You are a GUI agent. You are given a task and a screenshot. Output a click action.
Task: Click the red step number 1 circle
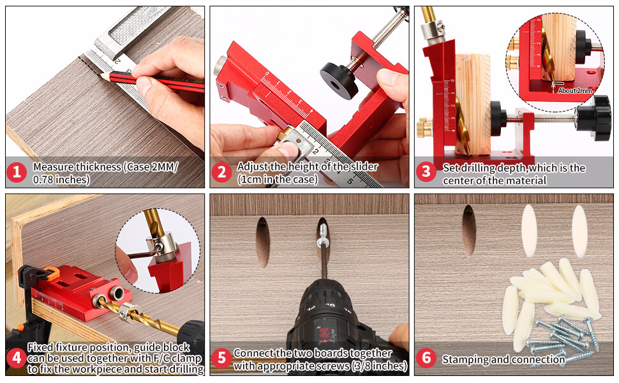(x=17, y=172)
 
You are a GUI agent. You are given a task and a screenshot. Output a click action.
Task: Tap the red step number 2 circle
(x=221, y=172)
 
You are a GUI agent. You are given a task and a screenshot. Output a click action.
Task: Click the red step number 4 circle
(x=17, y=358)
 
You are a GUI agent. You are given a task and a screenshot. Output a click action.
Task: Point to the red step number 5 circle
(x=221, y=358)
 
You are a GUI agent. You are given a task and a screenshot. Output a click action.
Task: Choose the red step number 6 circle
(x=426, y=358)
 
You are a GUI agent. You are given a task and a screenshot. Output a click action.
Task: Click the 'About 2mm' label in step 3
(x=575, y=91)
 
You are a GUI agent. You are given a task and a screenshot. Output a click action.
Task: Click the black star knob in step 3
(x=593, y=117)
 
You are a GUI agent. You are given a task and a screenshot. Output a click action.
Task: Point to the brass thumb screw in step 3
(x=424, y=128)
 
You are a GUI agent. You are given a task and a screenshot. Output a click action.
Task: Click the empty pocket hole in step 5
(x=263, y=243)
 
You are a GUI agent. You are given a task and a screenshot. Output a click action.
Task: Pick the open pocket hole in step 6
(x=468, y=230)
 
